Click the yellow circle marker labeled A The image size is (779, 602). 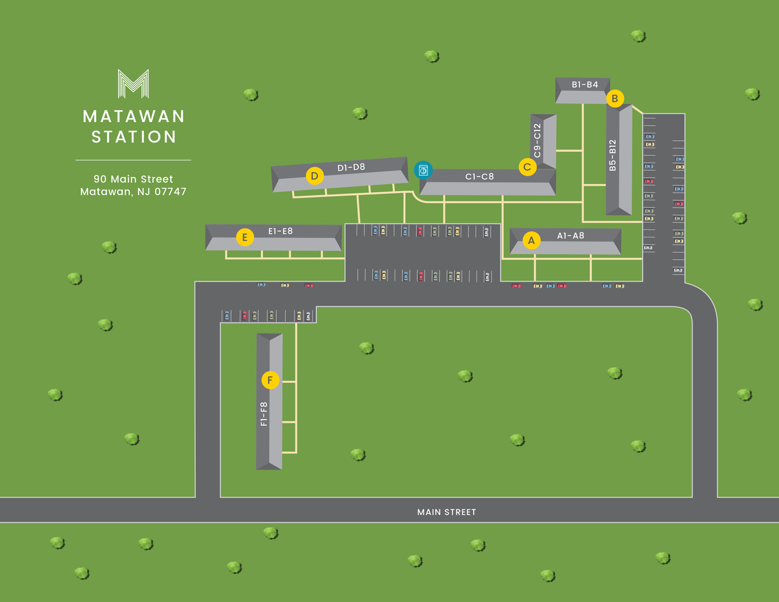click(531, 240)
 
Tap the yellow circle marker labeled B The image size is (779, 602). click(615, 98)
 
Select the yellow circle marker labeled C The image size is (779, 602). click(527, 167)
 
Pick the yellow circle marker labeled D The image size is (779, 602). click(314, 176)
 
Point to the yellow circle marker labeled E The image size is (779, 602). click(245, 237)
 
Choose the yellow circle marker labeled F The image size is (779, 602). click(270, 380)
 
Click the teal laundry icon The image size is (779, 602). click(423, 170)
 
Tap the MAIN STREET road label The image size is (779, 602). click(447, 512)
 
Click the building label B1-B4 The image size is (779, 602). click(585, 85)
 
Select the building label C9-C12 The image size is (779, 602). click(538, 140)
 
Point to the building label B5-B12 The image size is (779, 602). click(613, 155)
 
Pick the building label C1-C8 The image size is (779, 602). click(479, 177)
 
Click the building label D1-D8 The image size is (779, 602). click(351, 167)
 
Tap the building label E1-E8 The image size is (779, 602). click(280, 231)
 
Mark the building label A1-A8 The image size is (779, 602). click(570, 236)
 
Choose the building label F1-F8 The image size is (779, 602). click(264, 414)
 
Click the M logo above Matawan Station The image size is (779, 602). click(133, 84)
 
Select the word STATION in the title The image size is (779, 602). click(134, 137)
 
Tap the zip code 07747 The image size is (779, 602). click(170, 192)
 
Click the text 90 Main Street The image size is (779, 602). click(133, 179)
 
